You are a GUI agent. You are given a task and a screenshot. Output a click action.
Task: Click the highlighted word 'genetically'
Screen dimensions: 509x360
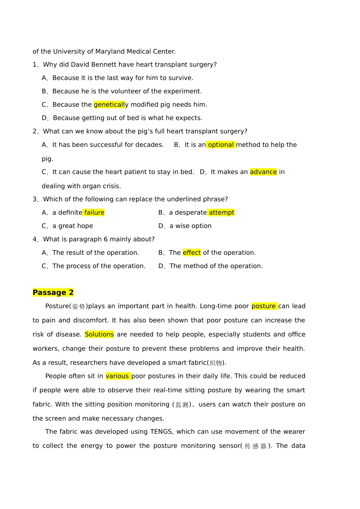tap(109, 105)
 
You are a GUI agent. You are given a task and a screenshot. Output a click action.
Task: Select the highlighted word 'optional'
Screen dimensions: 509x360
tap(221, 145)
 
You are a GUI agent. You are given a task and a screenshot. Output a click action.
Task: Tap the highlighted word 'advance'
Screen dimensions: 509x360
tap(263, 172)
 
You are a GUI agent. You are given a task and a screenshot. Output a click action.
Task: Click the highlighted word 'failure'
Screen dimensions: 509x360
tap(94, 212)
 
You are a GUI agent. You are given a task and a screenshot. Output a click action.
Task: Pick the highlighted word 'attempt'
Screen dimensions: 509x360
tap(221, 212)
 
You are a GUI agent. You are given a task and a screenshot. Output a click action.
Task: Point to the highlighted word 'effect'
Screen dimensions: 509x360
tap(192, 253)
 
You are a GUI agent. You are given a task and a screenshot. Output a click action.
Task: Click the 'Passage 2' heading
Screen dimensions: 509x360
tap(53, 292)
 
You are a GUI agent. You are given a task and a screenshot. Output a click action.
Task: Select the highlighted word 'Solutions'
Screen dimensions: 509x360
tap(99, 334)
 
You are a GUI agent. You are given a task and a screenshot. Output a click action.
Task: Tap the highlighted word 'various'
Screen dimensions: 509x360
tap(117, 376)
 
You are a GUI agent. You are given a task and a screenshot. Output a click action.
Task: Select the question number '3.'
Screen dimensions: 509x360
tap(36, 199)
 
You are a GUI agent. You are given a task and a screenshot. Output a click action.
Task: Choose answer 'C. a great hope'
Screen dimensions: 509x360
tap(67, 226)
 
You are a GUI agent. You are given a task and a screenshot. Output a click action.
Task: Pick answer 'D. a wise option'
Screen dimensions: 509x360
tap(185, 226)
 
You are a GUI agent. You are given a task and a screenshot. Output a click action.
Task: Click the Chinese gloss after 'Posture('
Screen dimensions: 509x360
tap(78, 306)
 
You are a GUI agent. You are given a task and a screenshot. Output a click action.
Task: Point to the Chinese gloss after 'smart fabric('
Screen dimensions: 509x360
tap(216, 363)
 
